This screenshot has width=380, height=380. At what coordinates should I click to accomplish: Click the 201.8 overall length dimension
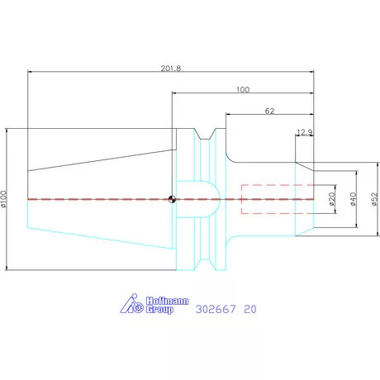171,69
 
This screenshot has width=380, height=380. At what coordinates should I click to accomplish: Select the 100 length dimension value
243,90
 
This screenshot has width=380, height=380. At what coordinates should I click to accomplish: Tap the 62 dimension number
269,111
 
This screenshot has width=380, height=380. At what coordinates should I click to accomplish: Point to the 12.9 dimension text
304,132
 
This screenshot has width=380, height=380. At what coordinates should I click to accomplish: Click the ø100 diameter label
3,199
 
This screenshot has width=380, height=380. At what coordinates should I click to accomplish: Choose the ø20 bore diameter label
332,199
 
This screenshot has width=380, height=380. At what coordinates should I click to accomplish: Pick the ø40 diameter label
353,199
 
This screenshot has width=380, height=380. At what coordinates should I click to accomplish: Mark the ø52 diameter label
374,199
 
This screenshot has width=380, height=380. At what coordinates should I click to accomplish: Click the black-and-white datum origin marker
172,199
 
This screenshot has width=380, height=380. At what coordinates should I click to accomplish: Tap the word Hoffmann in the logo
167,301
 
